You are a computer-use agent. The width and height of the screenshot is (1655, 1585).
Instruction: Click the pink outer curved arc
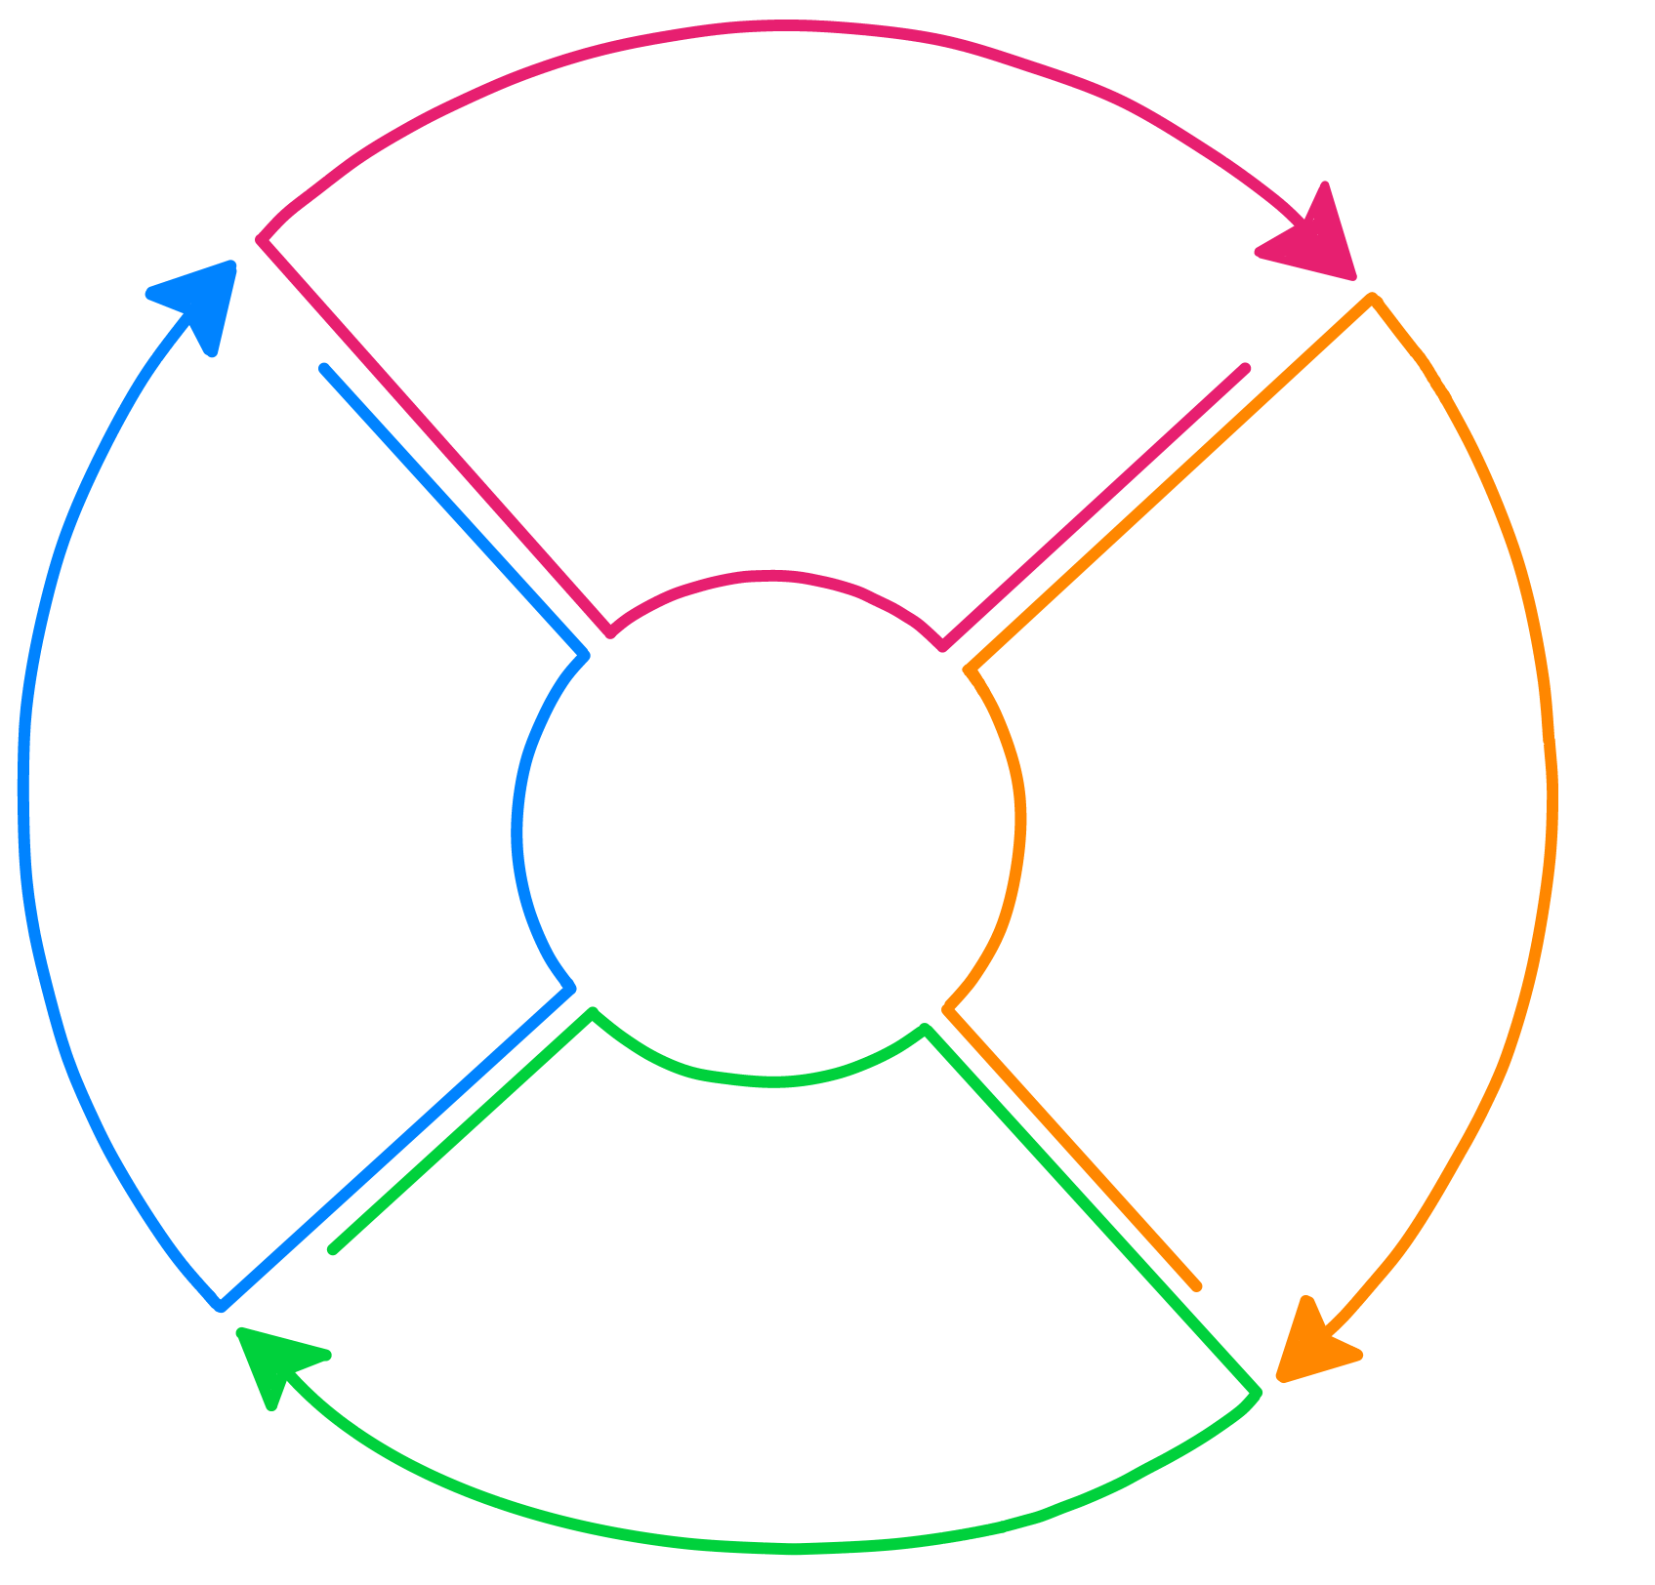(x=781, y=26)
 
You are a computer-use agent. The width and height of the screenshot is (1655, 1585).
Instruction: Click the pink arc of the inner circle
(x=771, y=577)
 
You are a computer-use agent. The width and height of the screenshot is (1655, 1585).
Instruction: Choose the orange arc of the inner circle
(x=1020, y=820)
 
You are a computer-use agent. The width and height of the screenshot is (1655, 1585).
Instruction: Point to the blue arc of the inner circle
(x=517, y=830)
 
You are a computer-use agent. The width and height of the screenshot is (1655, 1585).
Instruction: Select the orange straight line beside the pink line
(x=1172, y=482)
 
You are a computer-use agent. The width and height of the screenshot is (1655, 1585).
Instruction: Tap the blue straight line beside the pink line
(x=454, y=511)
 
